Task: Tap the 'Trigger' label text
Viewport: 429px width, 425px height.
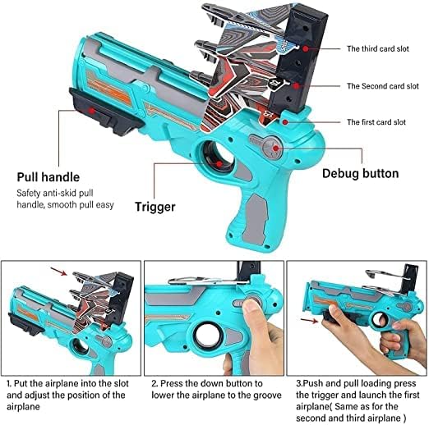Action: pyautogui.click(x=155, y=207)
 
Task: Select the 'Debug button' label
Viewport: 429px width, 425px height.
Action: pyautogui.click(x=360, y=173)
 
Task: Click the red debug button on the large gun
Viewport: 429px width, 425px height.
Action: pyautogui.click(x=273, y=149)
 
